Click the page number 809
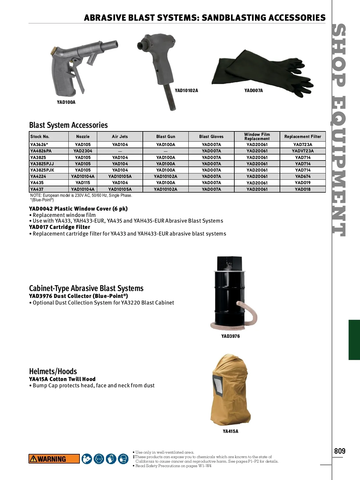click(340, 451)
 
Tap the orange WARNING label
click(54, 459)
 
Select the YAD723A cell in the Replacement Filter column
click(302, 145)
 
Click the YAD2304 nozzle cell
click(83, 151)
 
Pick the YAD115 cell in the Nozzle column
click(83, 183)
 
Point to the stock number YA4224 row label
click(38, 176)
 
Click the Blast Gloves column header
click(211, 136)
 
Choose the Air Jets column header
click(120, 136)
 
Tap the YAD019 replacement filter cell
click(302, 183)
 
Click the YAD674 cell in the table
click(302, 176)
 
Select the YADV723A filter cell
click(302, 151)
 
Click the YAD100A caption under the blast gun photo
click(66, 102)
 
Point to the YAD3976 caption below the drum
click(230, 336)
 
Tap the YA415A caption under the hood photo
click(230, 431)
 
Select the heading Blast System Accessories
click(68, 125)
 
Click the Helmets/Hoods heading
click(53, 371)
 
